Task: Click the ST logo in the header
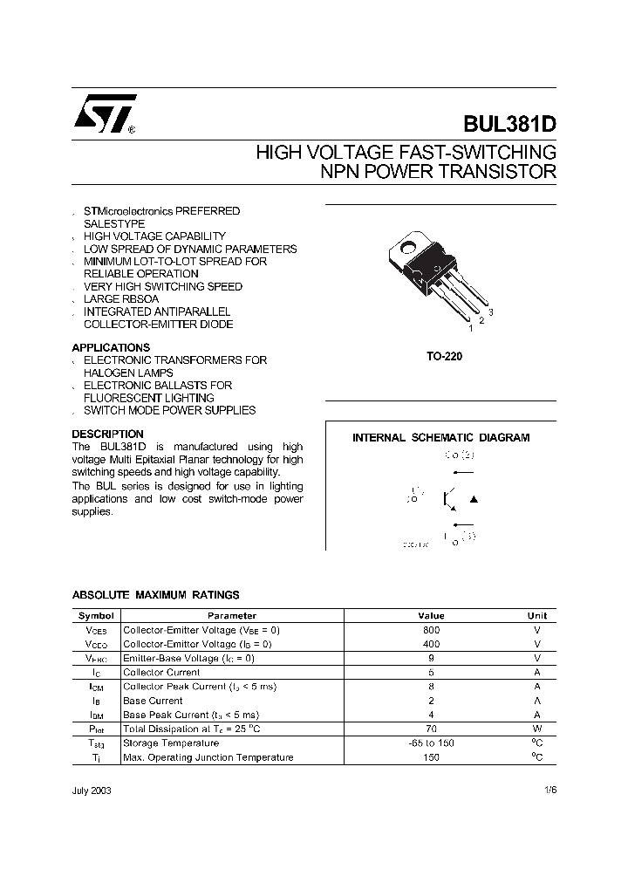pyautogui.click(x=104, y=114)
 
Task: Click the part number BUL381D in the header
pyautogui.click(x=509, y=124)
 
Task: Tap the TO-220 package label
pyautogui.click(x=440, y=357)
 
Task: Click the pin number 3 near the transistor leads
pyautogui.click(x=491, y=311)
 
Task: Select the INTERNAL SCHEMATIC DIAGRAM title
pyautogui.click(x=440, y=438)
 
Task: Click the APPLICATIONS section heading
pyautogui.click(x=111, y=347)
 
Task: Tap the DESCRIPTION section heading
pyautogui.click(x=107, y=434)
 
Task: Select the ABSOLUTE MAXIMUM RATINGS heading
pyautogui.click(x=155, y=595)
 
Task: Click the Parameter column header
pyautogui.click(x=232, y=615)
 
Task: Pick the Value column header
pyautogui.click(x=431, y=615)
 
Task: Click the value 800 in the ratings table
pyautogui.click(x=431, y=629)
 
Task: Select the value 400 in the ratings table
pyautogui.click(x=431, y=644)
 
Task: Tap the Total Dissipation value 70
pyautogui.click(x=431, y=729)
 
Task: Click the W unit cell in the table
pyautogui.click(x=537, y=729)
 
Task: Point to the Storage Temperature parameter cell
pyautogui.click(x=171, y=743)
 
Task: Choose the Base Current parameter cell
pyautogui.click(x=153, y=701)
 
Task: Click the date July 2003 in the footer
pyautogui.click(x=91, y=790)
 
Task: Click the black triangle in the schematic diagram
pyautogui.click(x=474, y=499)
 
